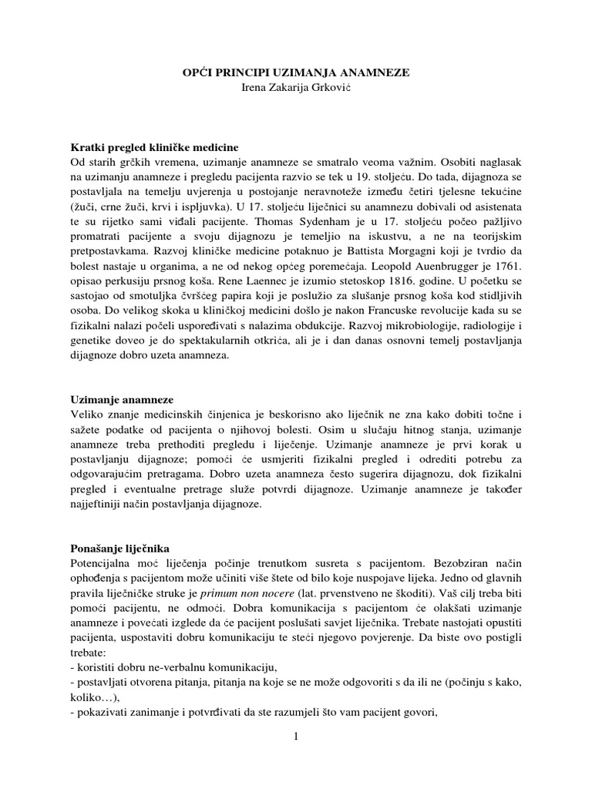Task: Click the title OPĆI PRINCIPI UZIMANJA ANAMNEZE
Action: click(x=295, y=72)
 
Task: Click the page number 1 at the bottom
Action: click(x=295, y=737)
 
